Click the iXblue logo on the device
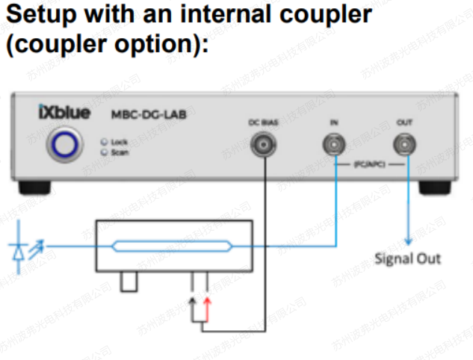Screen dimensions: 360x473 tap(64, 114)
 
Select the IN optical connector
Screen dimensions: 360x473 tap(333, 143)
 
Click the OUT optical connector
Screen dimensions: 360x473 tap(405, 143)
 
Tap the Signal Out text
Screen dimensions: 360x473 tap(408, 259)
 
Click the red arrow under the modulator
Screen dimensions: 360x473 tap(207, 302)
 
